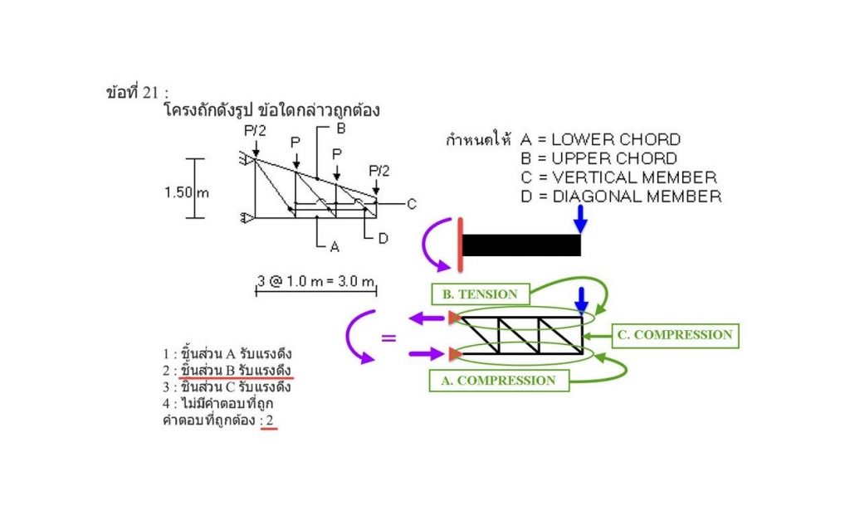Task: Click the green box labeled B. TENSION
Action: pos(481,294)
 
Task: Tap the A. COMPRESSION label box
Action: pos(499,381)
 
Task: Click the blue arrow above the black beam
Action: pos(580,219)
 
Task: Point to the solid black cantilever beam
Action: pos(520,245)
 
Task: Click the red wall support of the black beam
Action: pos(459,245)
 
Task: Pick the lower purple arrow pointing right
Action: pos(427,354)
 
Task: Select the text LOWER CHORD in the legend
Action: pos(615,139)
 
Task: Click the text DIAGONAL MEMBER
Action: pos(636,197)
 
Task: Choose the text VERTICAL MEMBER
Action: pos(633,177)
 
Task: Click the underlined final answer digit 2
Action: pos(269,420)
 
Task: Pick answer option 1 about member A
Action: pos(227,354)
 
